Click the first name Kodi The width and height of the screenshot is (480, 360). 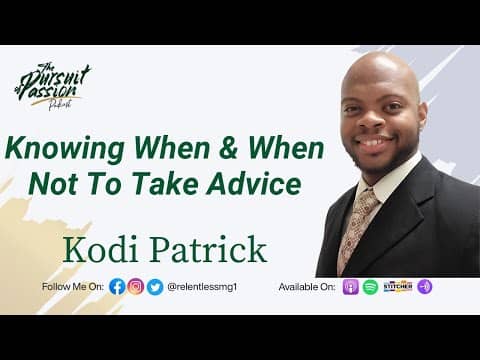point(101,246)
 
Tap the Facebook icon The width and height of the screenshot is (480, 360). point(117,287)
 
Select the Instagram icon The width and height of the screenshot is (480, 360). point(136,287)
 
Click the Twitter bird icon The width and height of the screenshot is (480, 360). point(155,287)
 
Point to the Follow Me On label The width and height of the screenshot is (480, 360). point(73,287)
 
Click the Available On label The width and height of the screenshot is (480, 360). point(308,287)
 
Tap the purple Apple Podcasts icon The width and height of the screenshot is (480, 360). point(351,287)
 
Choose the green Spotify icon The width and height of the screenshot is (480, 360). point(370,287)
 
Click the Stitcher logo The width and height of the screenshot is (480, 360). point(397,287)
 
